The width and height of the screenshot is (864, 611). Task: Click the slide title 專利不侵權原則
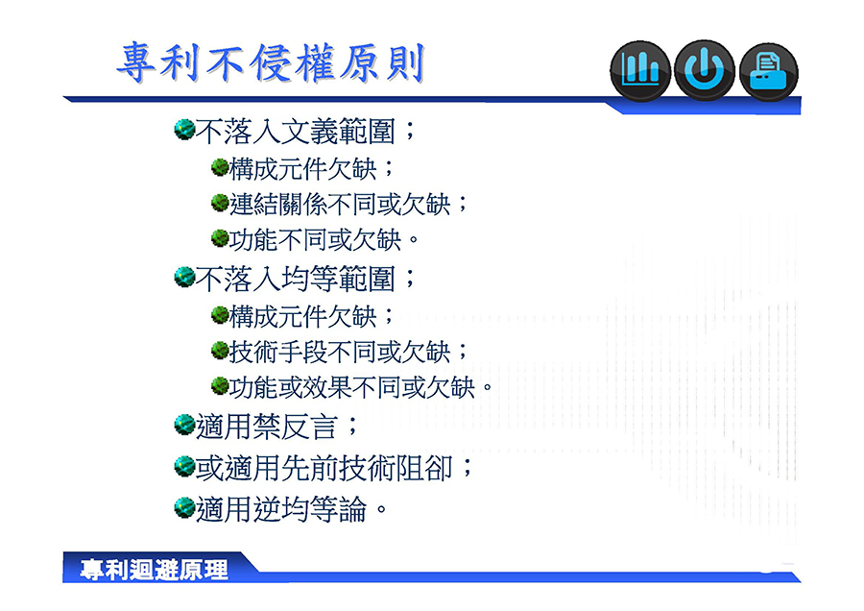pos(271,62)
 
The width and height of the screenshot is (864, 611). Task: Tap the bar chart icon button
pos(640,70)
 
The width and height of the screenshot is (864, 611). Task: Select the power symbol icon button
pos(705,70)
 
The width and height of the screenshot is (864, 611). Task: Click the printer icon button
pos(769,72)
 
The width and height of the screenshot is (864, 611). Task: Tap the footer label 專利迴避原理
pos(154,570)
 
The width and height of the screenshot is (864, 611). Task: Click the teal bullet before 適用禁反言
pos(184,425)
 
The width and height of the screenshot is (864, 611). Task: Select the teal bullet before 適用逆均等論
pos(184,507)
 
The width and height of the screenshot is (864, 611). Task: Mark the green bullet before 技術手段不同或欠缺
pos(220,350)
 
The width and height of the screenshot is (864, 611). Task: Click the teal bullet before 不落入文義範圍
pos(184,130)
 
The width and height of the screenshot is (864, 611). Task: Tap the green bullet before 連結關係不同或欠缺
pos(220,203)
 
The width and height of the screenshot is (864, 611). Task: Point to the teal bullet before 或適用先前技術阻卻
pos(184,466)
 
